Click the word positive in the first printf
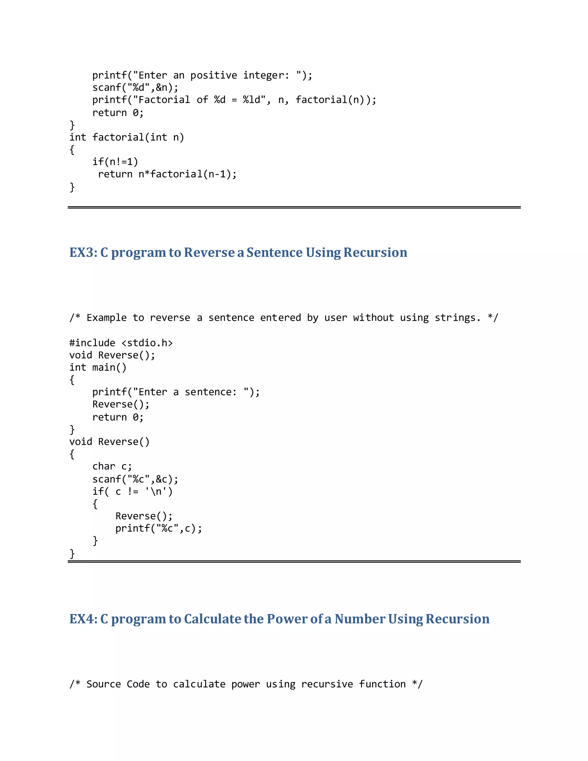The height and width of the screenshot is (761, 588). tap(214, 75)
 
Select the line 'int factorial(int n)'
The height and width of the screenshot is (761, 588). tap(127, 137)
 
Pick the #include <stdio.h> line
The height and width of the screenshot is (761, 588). tap(121, 343)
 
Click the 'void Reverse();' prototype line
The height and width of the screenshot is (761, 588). tap(112, 355)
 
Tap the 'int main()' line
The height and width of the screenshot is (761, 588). tap(98, 368)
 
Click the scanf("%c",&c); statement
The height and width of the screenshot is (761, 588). tap(135, 479)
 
